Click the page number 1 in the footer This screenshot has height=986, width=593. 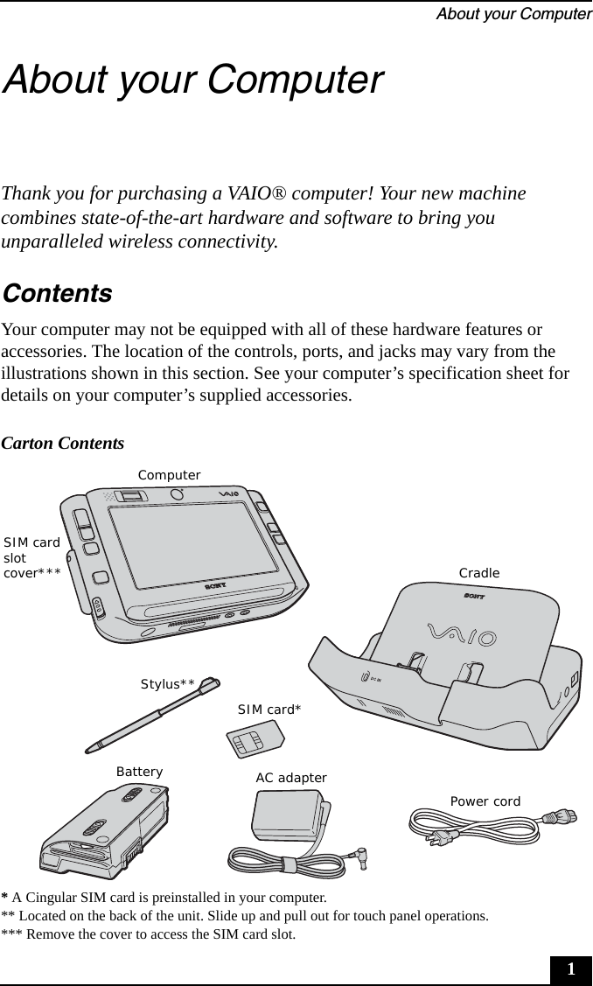(x=570, y=969)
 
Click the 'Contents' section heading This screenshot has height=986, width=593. (x=57, y=293)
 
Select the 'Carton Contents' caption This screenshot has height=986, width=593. (x=63, y=444)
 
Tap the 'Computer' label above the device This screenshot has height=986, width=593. (x=169, y=475)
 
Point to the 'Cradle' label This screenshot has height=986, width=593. (x=479, y=573)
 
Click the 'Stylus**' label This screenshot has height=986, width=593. (x=167, y=683)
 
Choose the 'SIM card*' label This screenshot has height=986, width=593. (x=269, y=710)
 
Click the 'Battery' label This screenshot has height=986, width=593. (x=140, y=772)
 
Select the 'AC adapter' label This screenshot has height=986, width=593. (x=291, y=778)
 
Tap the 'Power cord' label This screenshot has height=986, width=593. (x=485, y=801)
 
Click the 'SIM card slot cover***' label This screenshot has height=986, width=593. (x=31, y=557)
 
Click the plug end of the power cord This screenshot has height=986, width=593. (x=560, y=819)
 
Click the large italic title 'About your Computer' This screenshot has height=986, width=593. (x=193, y=79)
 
